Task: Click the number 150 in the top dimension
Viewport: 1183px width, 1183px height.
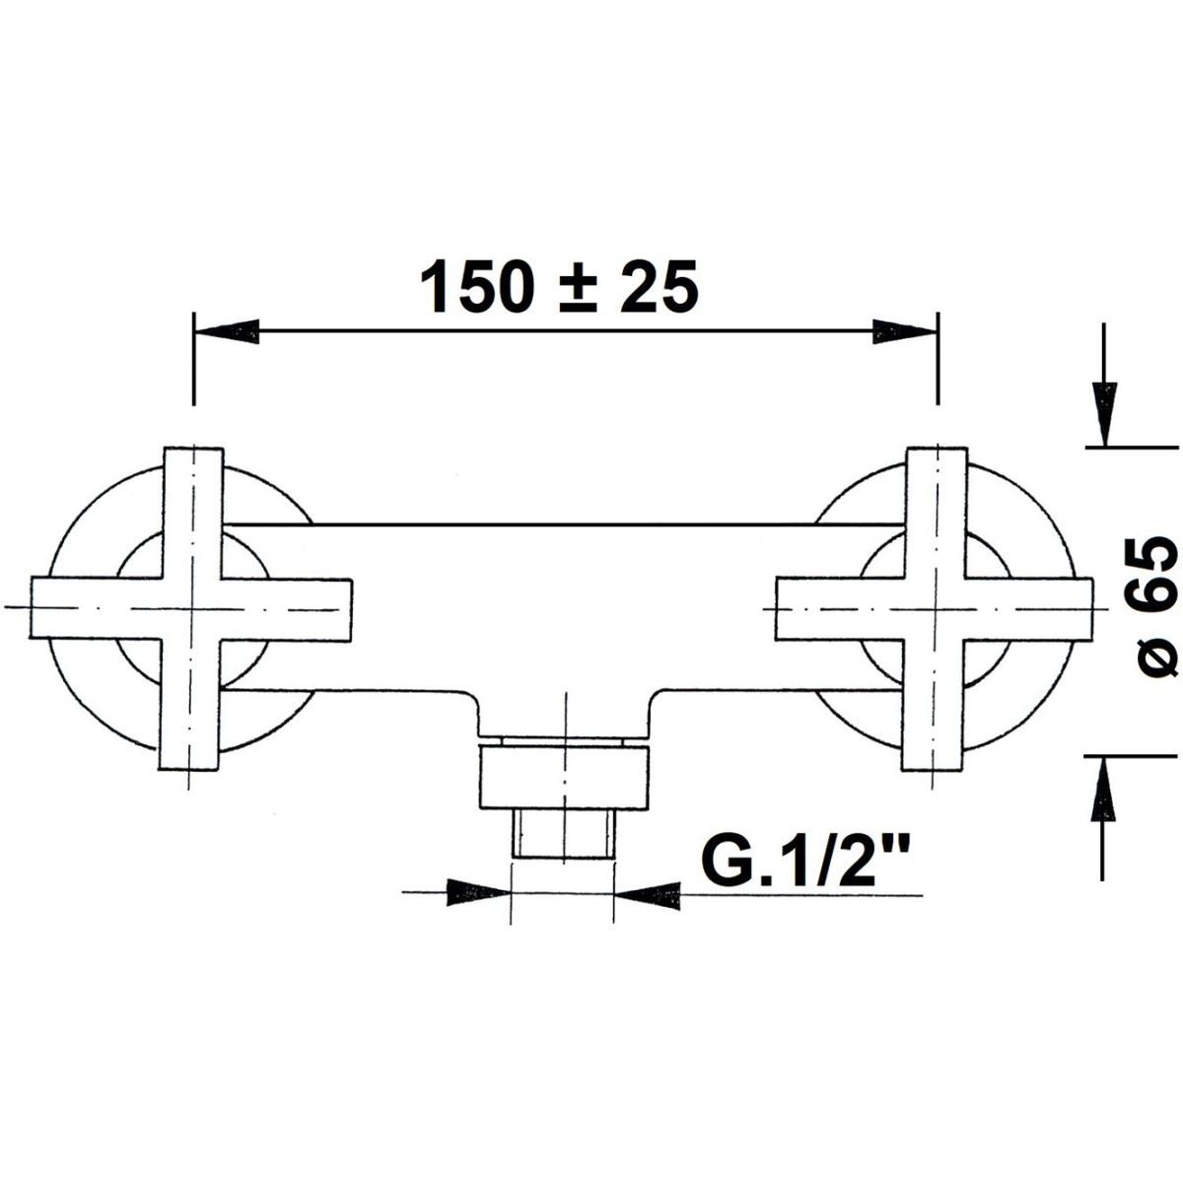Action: coord(476,285)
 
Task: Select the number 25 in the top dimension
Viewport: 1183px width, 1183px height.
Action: coord(660,285)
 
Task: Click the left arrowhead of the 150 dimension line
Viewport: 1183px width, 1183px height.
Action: coord(226,332)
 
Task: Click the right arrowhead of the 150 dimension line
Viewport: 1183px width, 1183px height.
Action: coord(906,332)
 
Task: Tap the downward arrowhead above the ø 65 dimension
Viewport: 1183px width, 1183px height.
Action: coord(1104,413)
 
